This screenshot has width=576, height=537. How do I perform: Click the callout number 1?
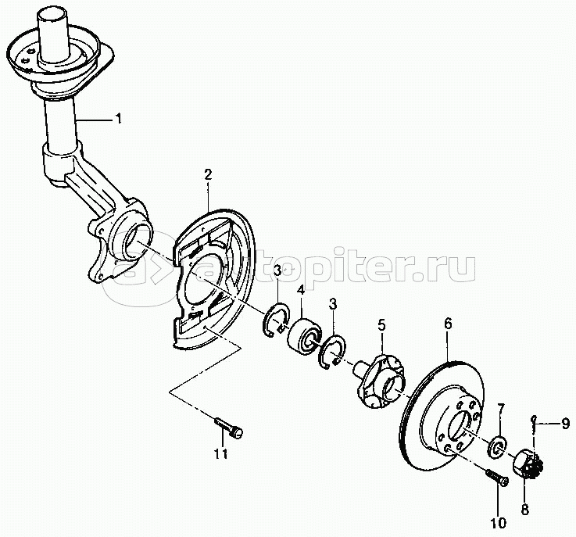point(118,119)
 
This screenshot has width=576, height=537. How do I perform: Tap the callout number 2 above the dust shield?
point(209,174)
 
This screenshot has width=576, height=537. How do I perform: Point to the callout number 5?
point(381,324)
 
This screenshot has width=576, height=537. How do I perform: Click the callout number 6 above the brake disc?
point(448,324)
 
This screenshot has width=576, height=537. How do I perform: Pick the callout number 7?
point(501,409)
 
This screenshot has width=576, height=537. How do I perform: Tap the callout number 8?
point(525,509)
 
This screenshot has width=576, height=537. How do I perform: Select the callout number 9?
point(566,423)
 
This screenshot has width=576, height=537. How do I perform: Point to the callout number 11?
point(220,454)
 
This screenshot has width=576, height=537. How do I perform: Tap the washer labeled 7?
point(497,446)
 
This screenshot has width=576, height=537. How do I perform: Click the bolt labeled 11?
point(229,427)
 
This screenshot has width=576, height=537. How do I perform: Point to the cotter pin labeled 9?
point(535,425)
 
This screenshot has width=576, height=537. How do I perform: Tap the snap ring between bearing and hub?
point(331,350)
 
